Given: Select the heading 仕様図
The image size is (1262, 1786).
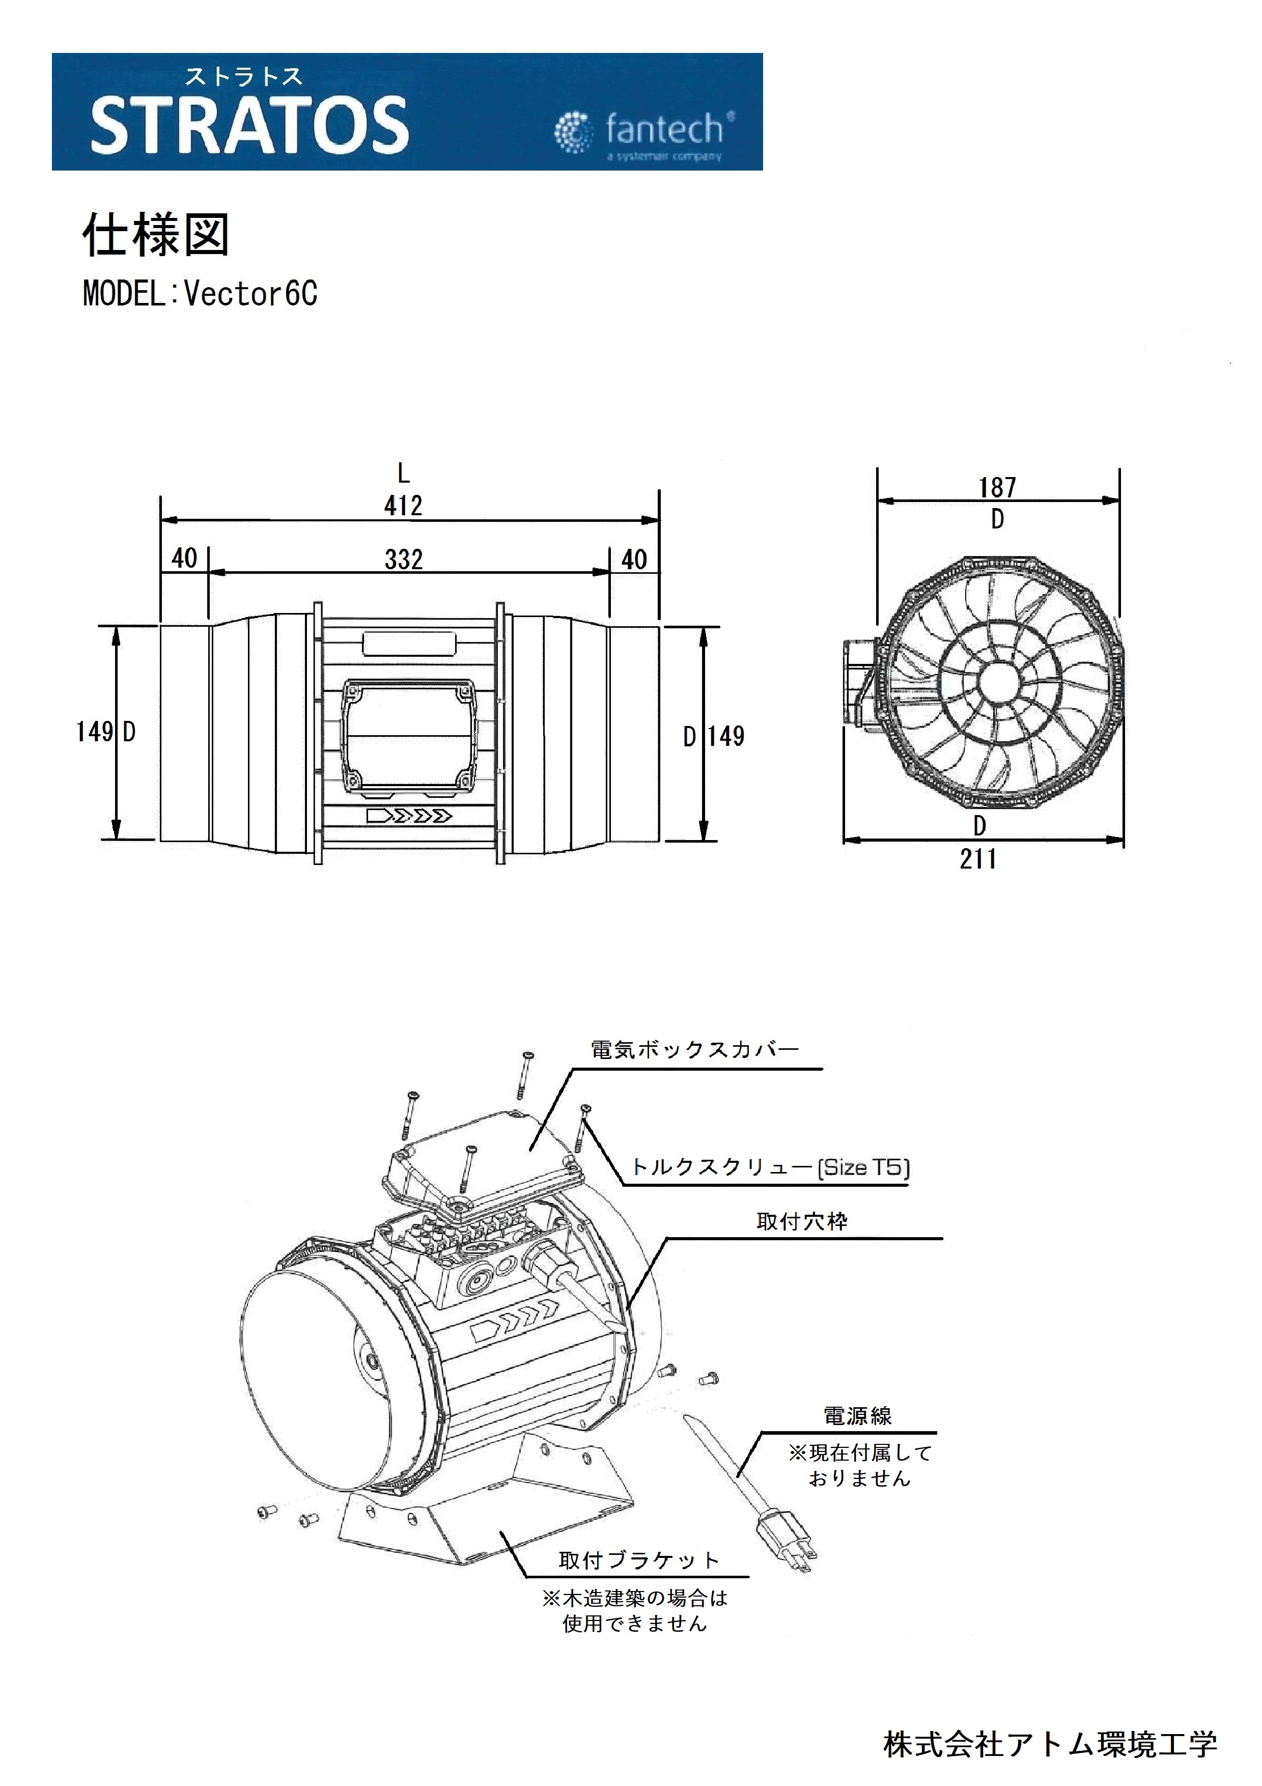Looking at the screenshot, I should click(155, 235).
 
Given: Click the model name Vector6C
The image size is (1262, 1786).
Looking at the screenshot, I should click(250, 294).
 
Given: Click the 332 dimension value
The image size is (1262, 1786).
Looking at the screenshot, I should click(404, 560).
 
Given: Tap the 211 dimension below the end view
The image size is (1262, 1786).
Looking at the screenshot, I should click(978, 859).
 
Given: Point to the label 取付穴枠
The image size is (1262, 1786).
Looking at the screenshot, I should click(802, 1221).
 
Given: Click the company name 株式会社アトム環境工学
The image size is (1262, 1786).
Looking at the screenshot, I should click(1050, 1744).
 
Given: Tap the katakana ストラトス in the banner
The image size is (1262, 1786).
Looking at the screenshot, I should click(243, 76).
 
